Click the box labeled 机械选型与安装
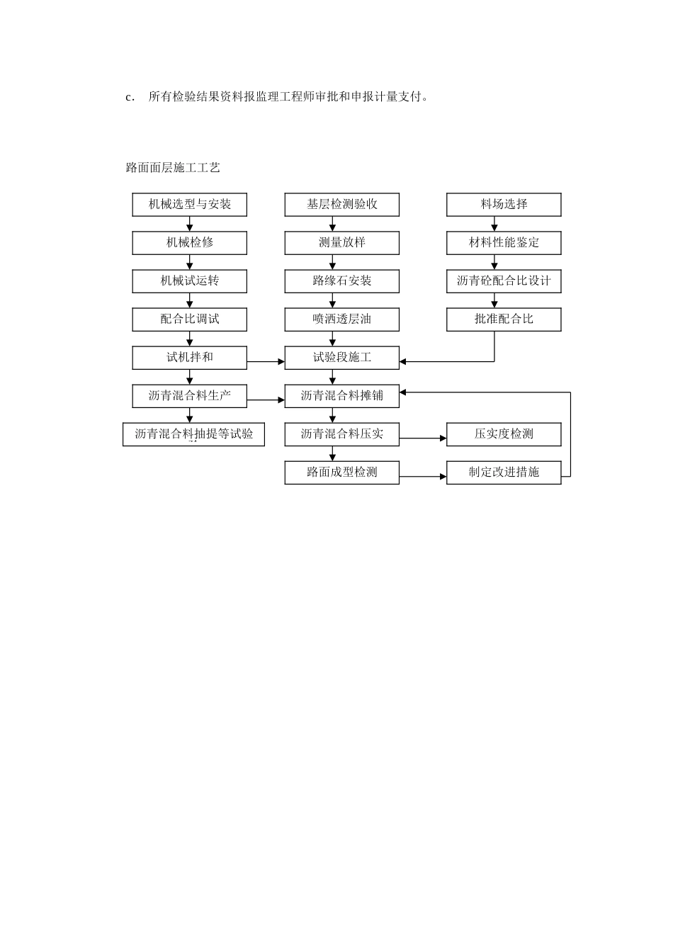pyautogui.click(x=189, y=205)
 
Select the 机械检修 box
pyautogui.click(x=189, y=243)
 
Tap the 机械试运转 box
pyautogui.click(x=189, y=281)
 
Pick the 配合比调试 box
pyautogui.click(x=189, y=319)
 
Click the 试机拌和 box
pyautogui.click(x=189, y=358)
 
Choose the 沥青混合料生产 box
pyautogui.click(x=189, y=396)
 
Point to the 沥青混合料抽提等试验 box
pyautogui.click(x=193, y=434)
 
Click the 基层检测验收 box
pyautogui.click(x=341, y=205)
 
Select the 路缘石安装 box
pyautogui.click(x=341, y=281)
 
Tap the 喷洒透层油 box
pyautogui.click(x=341, y=319)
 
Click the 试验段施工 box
pyautogui.click(x=341, y=358)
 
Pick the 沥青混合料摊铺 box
pyautogui.click(x=341, y=396)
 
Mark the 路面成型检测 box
pyautogui.click(x=341, y=472)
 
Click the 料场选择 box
pyautogui.click(x=504, y=205)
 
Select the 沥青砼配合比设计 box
pyautogui.click(x=504, y=281)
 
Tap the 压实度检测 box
pyautogui.click(x=504, y=434)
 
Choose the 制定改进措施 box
pyautogui.click(x=504, y=472)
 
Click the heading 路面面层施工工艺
pyautogui.click(x=173, y=168)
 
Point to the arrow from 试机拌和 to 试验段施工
pyautogui.click(x=266, y=362)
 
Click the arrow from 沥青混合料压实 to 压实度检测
pyautogui.click(x=423, y=438)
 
